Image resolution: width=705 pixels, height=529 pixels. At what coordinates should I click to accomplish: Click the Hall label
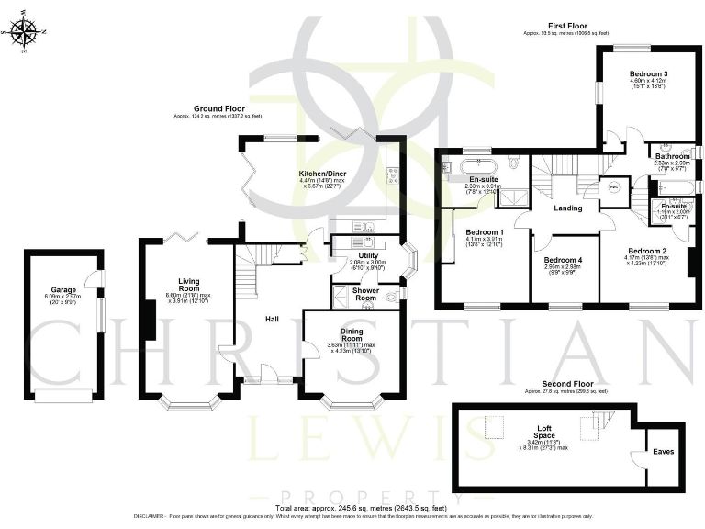(x=272, y=319)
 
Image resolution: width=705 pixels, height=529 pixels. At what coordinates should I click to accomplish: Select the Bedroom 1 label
(x=484, y=231)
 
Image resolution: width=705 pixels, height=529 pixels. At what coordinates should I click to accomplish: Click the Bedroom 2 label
(x=646, y=250)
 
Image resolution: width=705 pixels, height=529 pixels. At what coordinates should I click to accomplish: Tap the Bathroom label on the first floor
(x=672, y=156)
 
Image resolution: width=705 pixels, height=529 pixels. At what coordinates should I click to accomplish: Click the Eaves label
(x=663, y=451)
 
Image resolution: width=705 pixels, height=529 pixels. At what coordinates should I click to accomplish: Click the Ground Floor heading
(x=218, y=108)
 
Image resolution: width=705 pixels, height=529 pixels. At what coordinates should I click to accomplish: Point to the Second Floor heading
(x=566, y=384)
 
